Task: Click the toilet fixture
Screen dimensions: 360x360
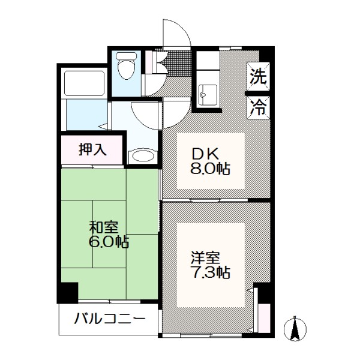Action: (x=126, y=65)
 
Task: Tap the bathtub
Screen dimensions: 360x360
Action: (x=84, y=83)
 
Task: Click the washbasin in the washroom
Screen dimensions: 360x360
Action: (x=142, y=156)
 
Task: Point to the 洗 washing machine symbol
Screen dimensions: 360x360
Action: (x=258, y=76)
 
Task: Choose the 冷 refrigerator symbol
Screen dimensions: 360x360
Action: (x=258, y=107)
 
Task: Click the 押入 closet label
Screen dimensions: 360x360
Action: (x=92, y=149)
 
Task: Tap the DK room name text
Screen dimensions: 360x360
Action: (x=206, y=155)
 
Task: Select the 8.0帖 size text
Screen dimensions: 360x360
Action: (x=210, y=169)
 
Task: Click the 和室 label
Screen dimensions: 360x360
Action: (x=104, y=227)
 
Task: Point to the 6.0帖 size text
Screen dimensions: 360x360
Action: (x=109, y=242)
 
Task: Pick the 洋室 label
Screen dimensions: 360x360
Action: (x=205, y=257)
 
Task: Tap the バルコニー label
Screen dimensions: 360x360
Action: (x=110, y=319)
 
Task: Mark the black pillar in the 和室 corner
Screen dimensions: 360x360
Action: (x=68, y=293)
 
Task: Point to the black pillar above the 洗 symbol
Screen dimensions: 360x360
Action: (x=266, y=55)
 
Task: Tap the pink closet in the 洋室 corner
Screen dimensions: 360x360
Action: (x=264, y=318)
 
